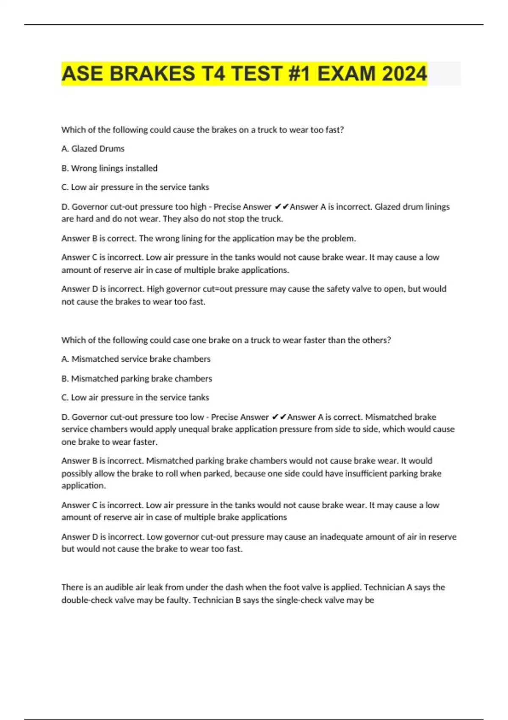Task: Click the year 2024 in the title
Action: [404, 74]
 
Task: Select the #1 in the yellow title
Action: [296, 74]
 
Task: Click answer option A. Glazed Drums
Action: [93, 149]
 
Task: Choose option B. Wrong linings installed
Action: [109, 168]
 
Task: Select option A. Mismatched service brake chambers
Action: [136, 359]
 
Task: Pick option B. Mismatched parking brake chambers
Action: [137, 379]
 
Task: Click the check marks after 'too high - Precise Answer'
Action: [282, 207]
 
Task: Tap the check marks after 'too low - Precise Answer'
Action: [279, 417]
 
